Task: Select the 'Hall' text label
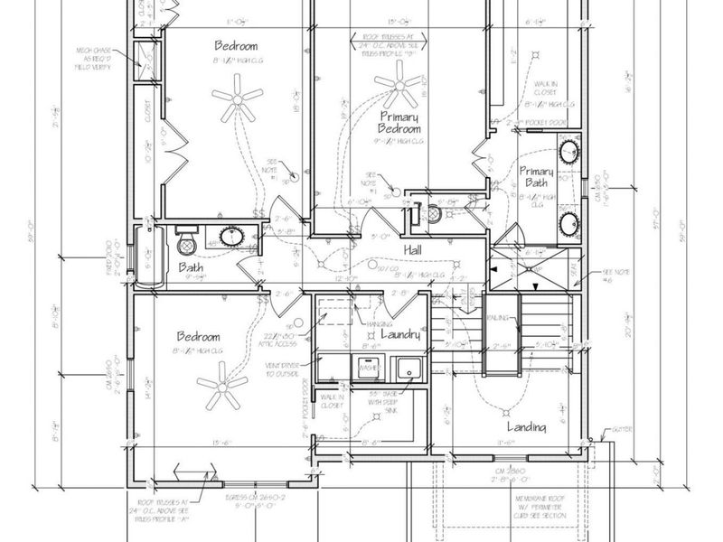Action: pyautogui.click(x=413, y=248)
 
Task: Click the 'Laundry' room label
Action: pyautogui.click(x=401, y=334)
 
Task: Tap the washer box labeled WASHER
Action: pyautogui.click(x=367, y=369)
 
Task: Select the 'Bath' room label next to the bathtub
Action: pyautogui.click(x=191, y=267)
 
